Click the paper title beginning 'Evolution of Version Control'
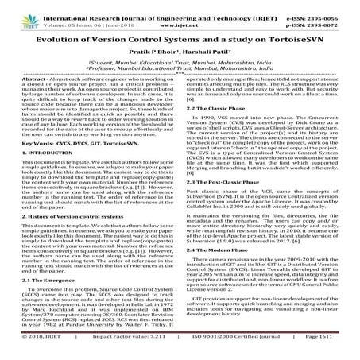coord(180,38)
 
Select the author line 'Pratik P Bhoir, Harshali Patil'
coord(180,58)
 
